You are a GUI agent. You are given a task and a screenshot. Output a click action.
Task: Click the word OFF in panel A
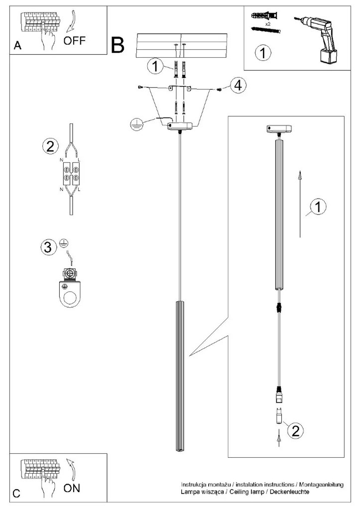(x=75, y=40)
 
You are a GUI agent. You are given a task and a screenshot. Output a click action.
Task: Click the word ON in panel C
(x=72, y=488)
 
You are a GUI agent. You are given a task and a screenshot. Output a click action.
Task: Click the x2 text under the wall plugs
(x=267, y=23)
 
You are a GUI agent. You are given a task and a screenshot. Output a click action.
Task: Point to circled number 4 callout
(x=238, y=85)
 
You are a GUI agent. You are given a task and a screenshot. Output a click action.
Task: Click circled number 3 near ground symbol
(x=47, y=248)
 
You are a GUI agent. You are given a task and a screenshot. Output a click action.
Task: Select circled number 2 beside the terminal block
(x=48, y=146)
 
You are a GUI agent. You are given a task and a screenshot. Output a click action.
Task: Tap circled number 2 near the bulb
(x=295, y=430)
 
